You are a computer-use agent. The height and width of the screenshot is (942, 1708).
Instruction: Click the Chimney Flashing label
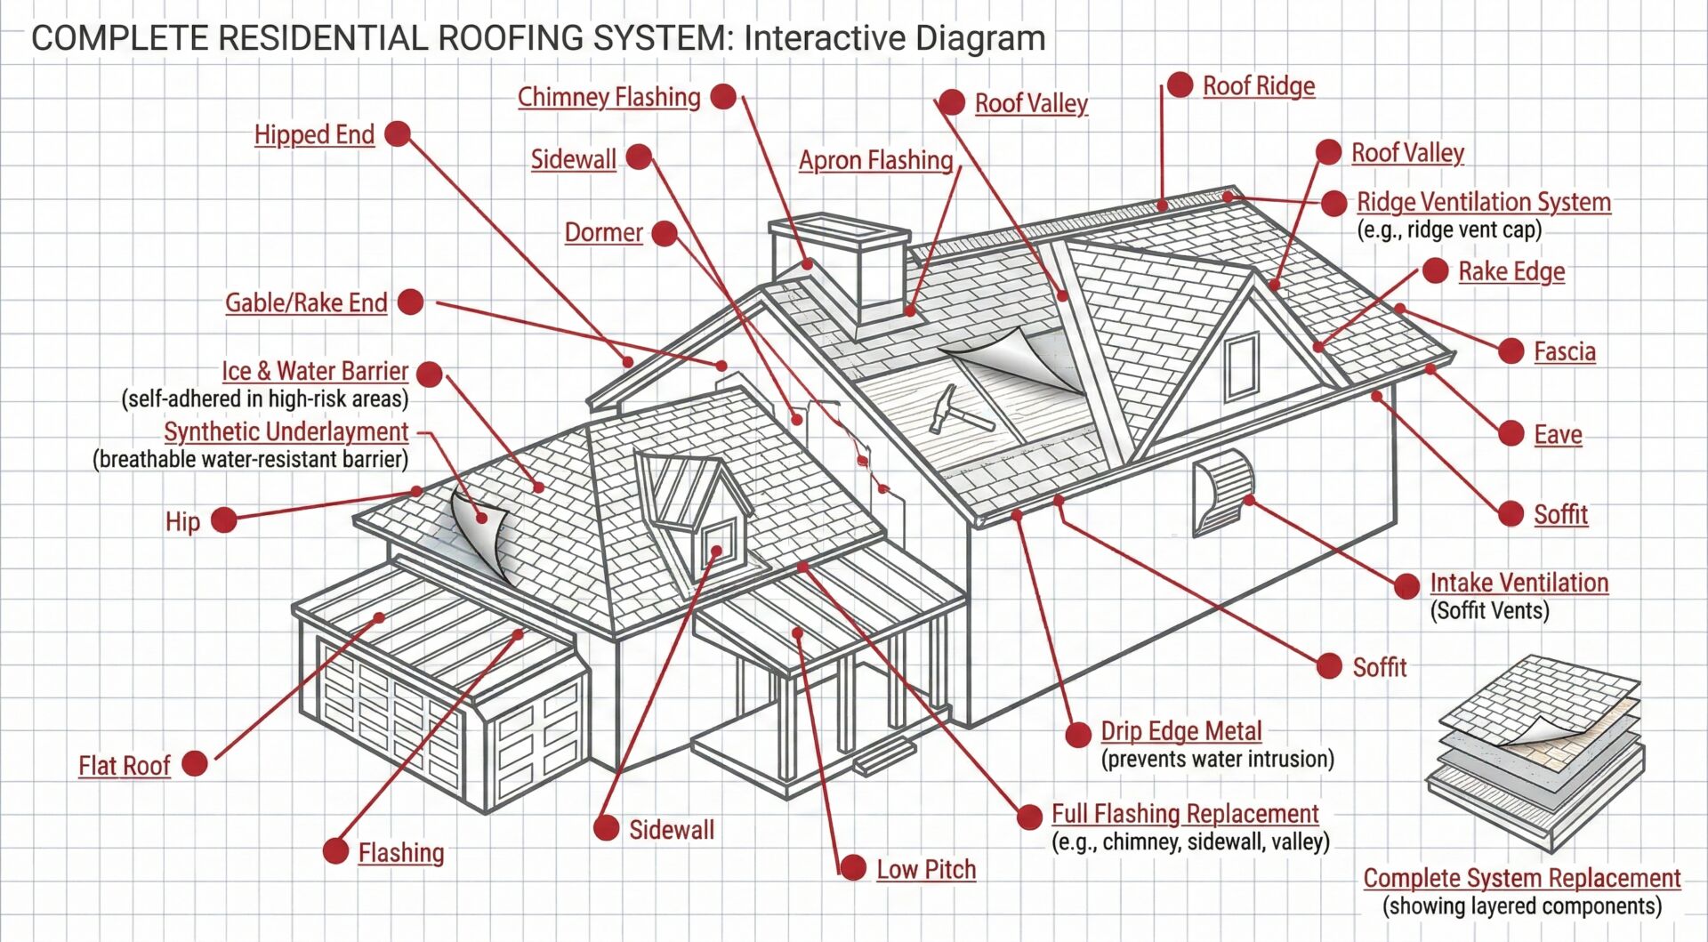click(x=608, y=97)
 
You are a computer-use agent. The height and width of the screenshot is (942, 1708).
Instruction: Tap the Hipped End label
click(x=314, y=134)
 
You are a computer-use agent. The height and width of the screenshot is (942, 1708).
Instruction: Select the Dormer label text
click(x=603, y=232)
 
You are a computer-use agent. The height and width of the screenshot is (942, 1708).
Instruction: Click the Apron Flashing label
click(x=875, y=160)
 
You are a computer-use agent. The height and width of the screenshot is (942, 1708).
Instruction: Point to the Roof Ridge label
click(x=1258, y=86)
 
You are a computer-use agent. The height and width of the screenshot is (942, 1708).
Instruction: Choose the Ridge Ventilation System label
click(x=1483, y=202)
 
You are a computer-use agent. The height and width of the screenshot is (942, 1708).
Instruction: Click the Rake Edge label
click(x=1511, y=271)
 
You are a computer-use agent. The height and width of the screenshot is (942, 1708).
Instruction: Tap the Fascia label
click(x=1564, y=351)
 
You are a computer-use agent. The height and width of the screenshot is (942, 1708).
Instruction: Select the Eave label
click(x=1558, y=434)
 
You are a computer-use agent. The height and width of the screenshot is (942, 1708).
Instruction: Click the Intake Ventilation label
click(x=1519, y=583)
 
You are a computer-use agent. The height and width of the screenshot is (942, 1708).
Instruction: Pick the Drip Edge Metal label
click(x=1180, y=731)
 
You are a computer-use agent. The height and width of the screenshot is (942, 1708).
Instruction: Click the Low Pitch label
click(x=926, y=869)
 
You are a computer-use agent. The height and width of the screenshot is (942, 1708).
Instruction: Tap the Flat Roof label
click(x=124, y=765)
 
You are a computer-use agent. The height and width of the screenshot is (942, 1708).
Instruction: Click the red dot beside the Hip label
click(x=223, y=520)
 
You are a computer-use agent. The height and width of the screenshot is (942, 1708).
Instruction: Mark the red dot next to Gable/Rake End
click(x=410, y=302)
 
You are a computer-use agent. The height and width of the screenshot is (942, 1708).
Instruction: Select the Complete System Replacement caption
click(x=1521, y=878)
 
